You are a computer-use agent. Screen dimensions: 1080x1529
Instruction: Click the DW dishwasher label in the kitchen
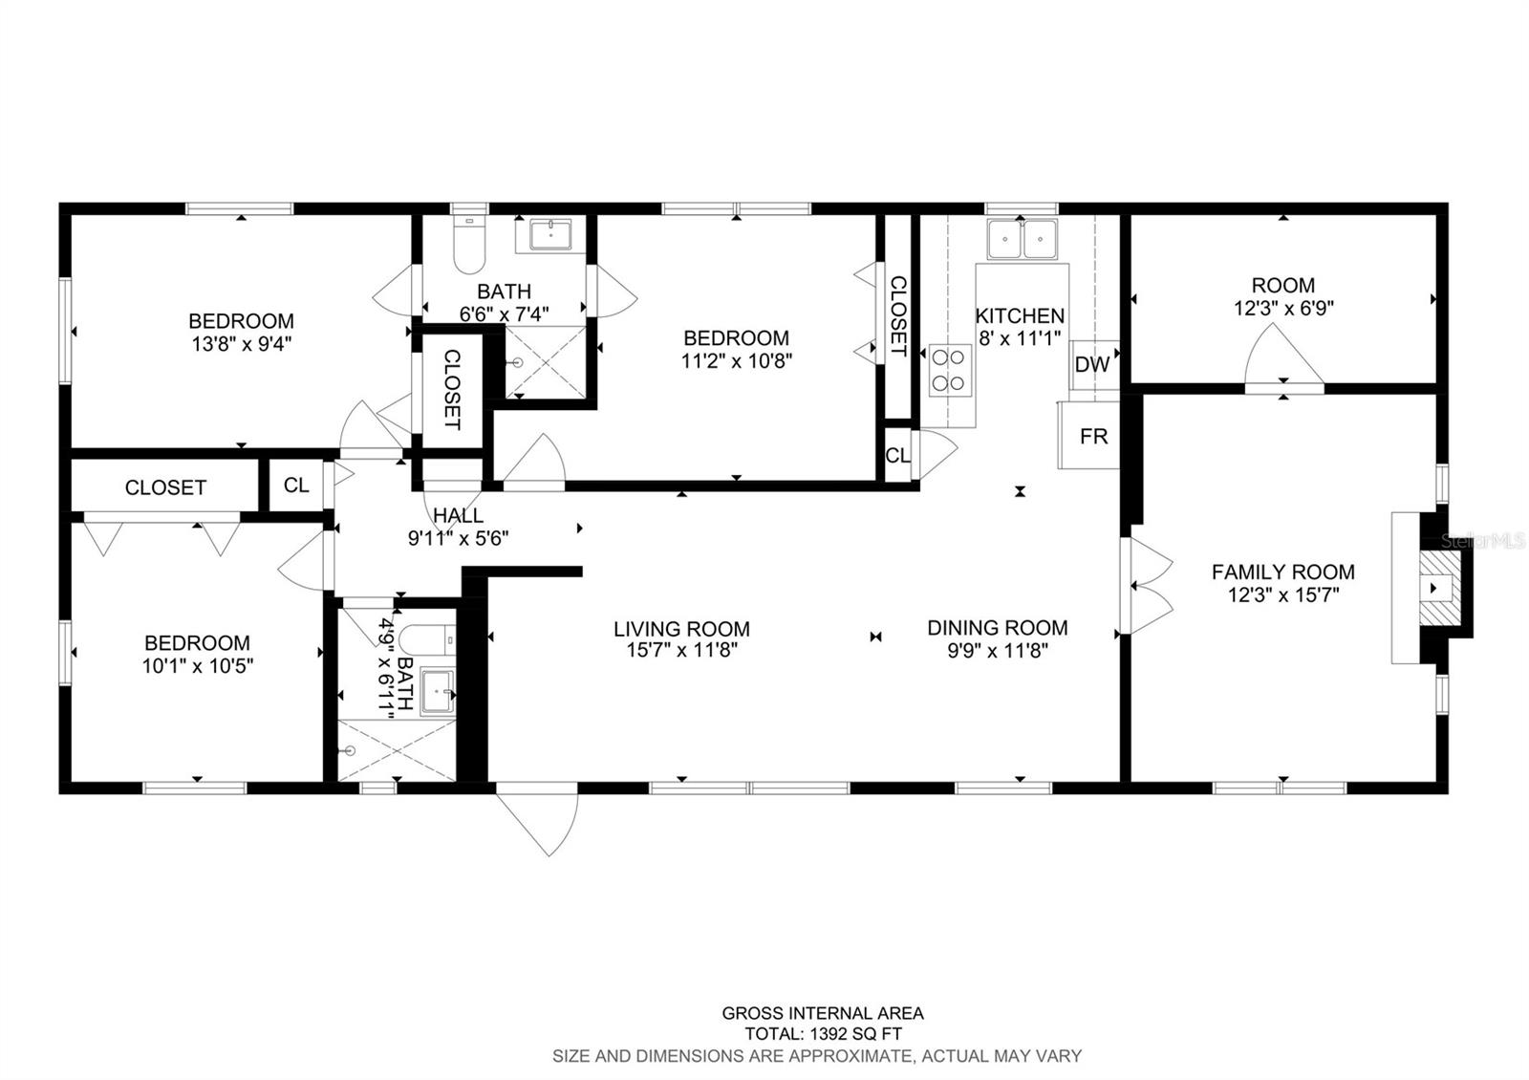pos(1092,364)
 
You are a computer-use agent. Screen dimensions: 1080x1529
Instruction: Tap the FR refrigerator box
pos(1092,436)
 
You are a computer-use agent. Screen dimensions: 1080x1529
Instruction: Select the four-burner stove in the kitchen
pos(951,370)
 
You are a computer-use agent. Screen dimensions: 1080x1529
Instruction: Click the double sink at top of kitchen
pos(1022,239)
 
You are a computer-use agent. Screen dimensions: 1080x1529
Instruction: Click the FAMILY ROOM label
pos(1282,572)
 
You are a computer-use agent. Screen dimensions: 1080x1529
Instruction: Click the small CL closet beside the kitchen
pos(897,456)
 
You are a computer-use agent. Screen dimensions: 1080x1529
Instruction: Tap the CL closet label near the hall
pos(296,486)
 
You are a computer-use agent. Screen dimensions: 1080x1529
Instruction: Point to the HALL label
pos(458,516)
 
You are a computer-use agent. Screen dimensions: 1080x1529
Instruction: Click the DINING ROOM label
pos(997,628)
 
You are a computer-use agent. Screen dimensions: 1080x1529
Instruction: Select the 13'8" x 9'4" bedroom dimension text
pos(240,343)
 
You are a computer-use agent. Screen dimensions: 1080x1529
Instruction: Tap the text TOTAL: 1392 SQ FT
pos(823,1034)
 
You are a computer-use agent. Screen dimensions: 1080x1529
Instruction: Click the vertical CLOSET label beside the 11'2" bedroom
pos(897,316)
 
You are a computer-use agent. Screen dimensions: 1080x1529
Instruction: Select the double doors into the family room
pos(1147,586)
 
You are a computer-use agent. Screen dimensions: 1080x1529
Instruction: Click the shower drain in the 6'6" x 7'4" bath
pos(517,363)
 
